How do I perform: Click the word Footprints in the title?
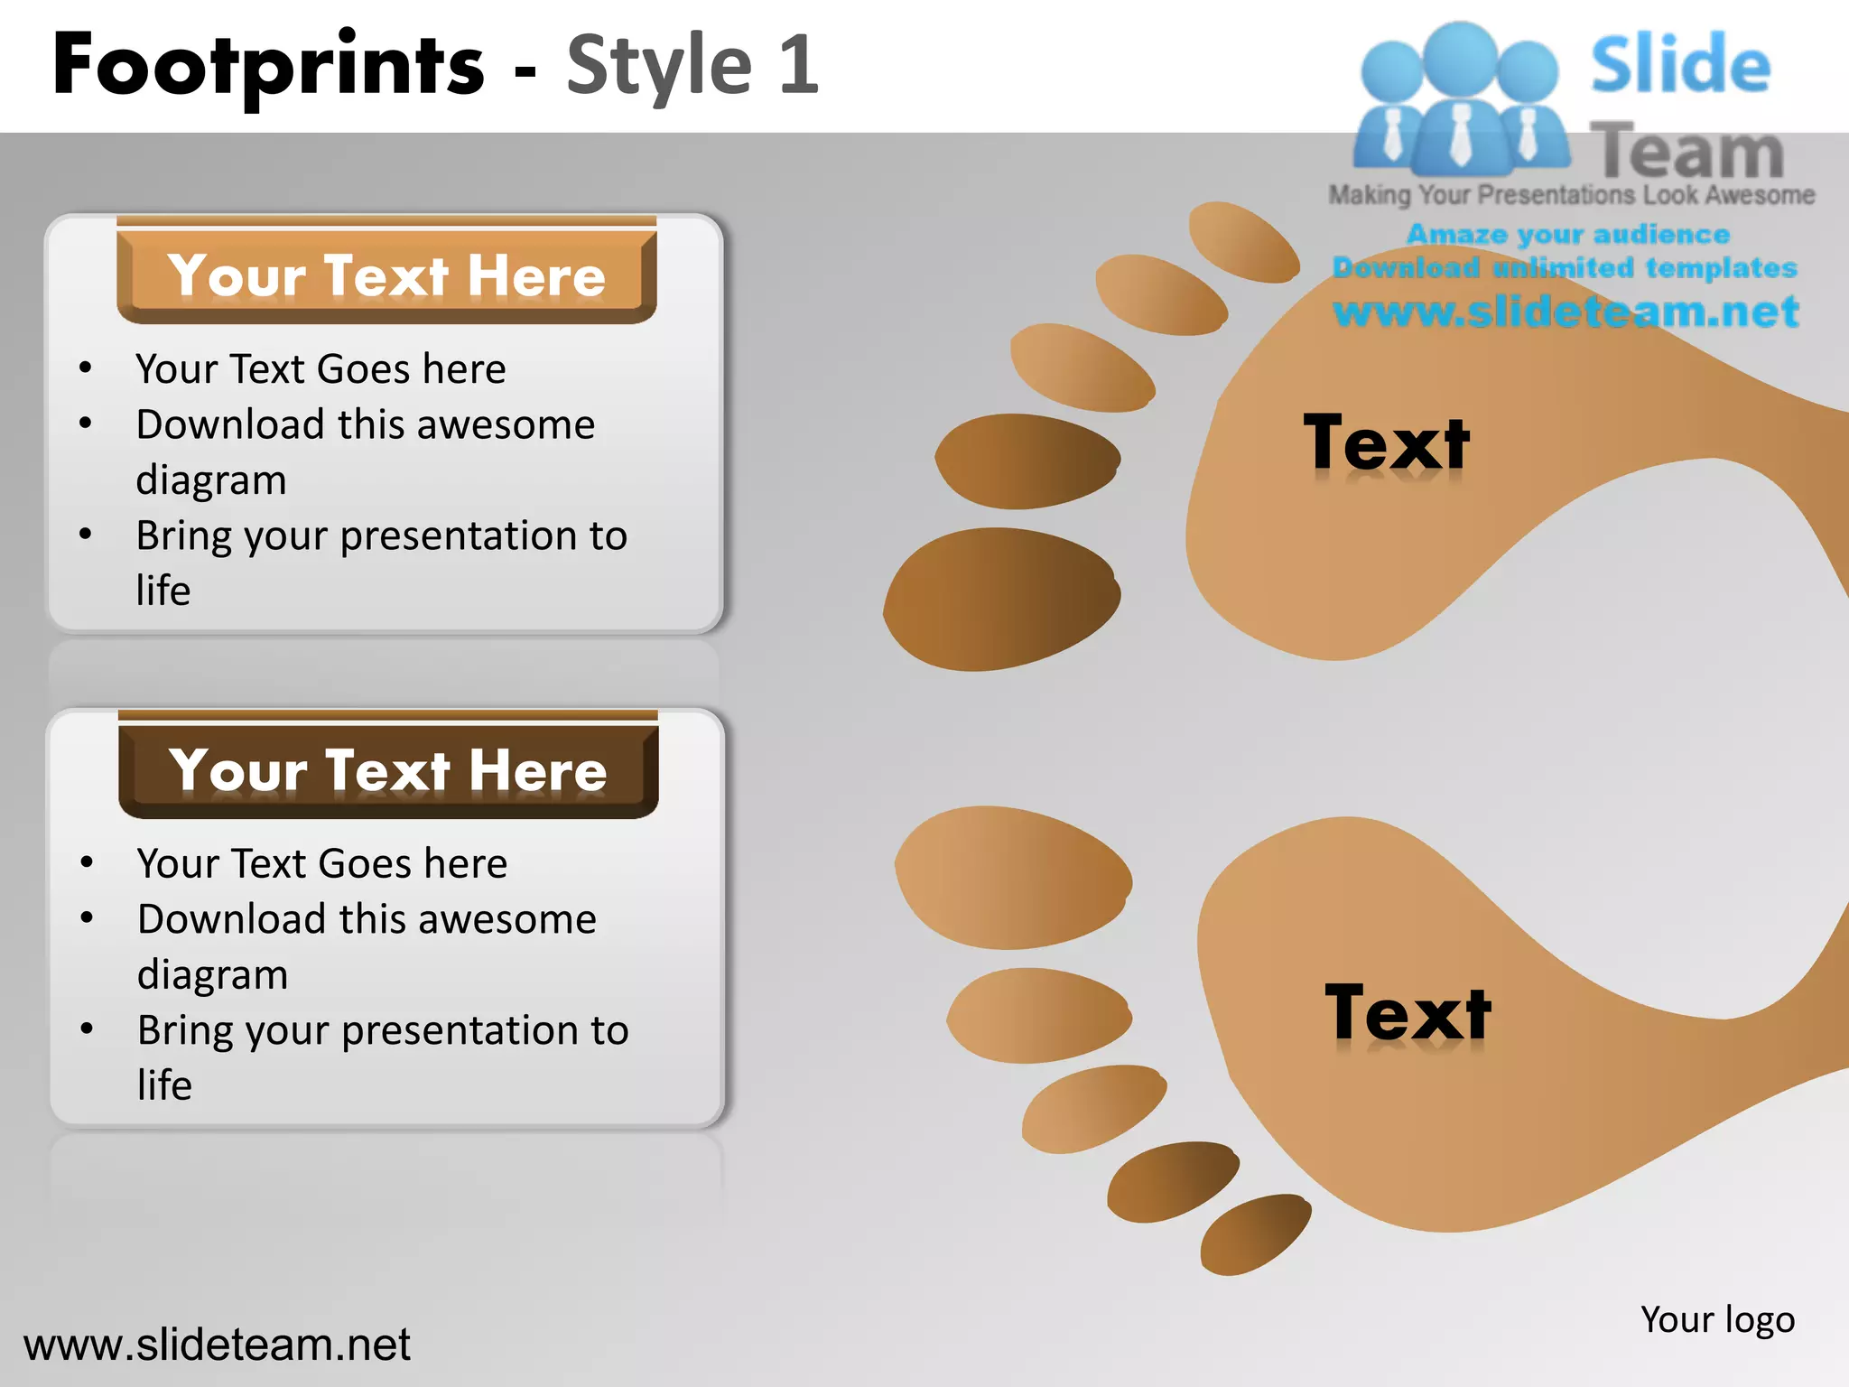pyautogui.click(x=268, y=65)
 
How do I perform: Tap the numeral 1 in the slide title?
pyautogui.click(x=798, y=65)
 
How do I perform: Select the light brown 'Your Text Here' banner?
pyautogui.click(x=386, y=275)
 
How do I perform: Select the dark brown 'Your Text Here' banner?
pyautogui.click(x=388, y=769)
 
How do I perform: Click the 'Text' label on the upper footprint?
pyautogui.click(x=1386, y=442)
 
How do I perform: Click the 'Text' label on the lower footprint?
pyautogui.click(x=1408, y=1013)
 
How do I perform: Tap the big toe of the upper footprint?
pyautogui.click(x=1002, y=598)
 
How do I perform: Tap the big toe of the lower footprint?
pyautogui.click(x=1013, y=876)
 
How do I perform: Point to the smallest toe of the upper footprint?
pyautogui.click(x=1244, y=241)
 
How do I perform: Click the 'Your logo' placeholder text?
pyautogui.click(x=1717, y=1319)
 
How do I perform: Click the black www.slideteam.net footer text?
pyautogui.click(x=217, y=1345)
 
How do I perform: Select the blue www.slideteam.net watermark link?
pyautogui.click(x=1566, y=312)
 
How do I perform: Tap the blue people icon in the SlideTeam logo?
pyautogui.click(x=1459, y=99)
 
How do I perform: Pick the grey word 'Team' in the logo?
pyautogui.click(x=1686, y=150)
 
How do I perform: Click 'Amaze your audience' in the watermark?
pyautogui.click(x=1568, y=234)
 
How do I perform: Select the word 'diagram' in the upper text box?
pyautogui.click(x=211, y=480)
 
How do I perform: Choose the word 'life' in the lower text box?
pyautogui.click(x=164, y=1085)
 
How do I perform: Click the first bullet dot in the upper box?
pyautogui.click(x=86, y=368)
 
